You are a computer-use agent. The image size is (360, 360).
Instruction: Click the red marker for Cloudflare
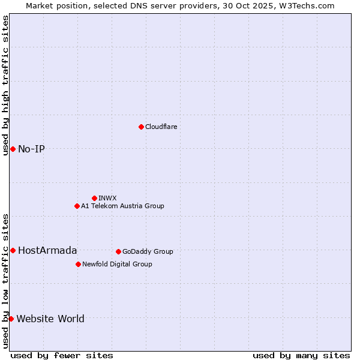point(141,127)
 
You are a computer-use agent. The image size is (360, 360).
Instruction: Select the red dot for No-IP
point(13,149)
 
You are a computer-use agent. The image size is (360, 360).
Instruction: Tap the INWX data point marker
point(94,198)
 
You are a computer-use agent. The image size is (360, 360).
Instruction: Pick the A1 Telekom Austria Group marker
point(77,206)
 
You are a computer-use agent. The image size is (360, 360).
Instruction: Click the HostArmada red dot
point(13,250)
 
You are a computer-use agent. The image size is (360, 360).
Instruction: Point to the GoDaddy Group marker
point(118,251)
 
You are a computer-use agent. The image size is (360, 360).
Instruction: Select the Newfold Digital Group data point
point(78,264)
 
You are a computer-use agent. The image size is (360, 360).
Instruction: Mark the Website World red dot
point(11,319)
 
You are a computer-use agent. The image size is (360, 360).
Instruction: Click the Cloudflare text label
point(161,127)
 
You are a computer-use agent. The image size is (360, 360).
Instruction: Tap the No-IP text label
point(31,149)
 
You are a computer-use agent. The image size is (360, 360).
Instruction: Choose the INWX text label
point(107,198)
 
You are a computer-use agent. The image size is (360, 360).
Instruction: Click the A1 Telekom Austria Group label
point(122,206)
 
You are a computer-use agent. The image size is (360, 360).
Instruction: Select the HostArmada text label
point(47,250)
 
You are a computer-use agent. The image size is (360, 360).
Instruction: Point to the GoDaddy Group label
point(148,251)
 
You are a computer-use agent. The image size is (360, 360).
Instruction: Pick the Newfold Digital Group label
point(117,264)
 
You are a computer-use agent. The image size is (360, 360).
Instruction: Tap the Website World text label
point(50,319)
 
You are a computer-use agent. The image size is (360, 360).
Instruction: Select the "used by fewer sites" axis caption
point(62,355)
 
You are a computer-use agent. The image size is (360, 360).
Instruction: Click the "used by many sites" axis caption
point(301,355)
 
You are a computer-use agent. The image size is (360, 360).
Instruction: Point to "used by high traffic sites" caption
point(5,85)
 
